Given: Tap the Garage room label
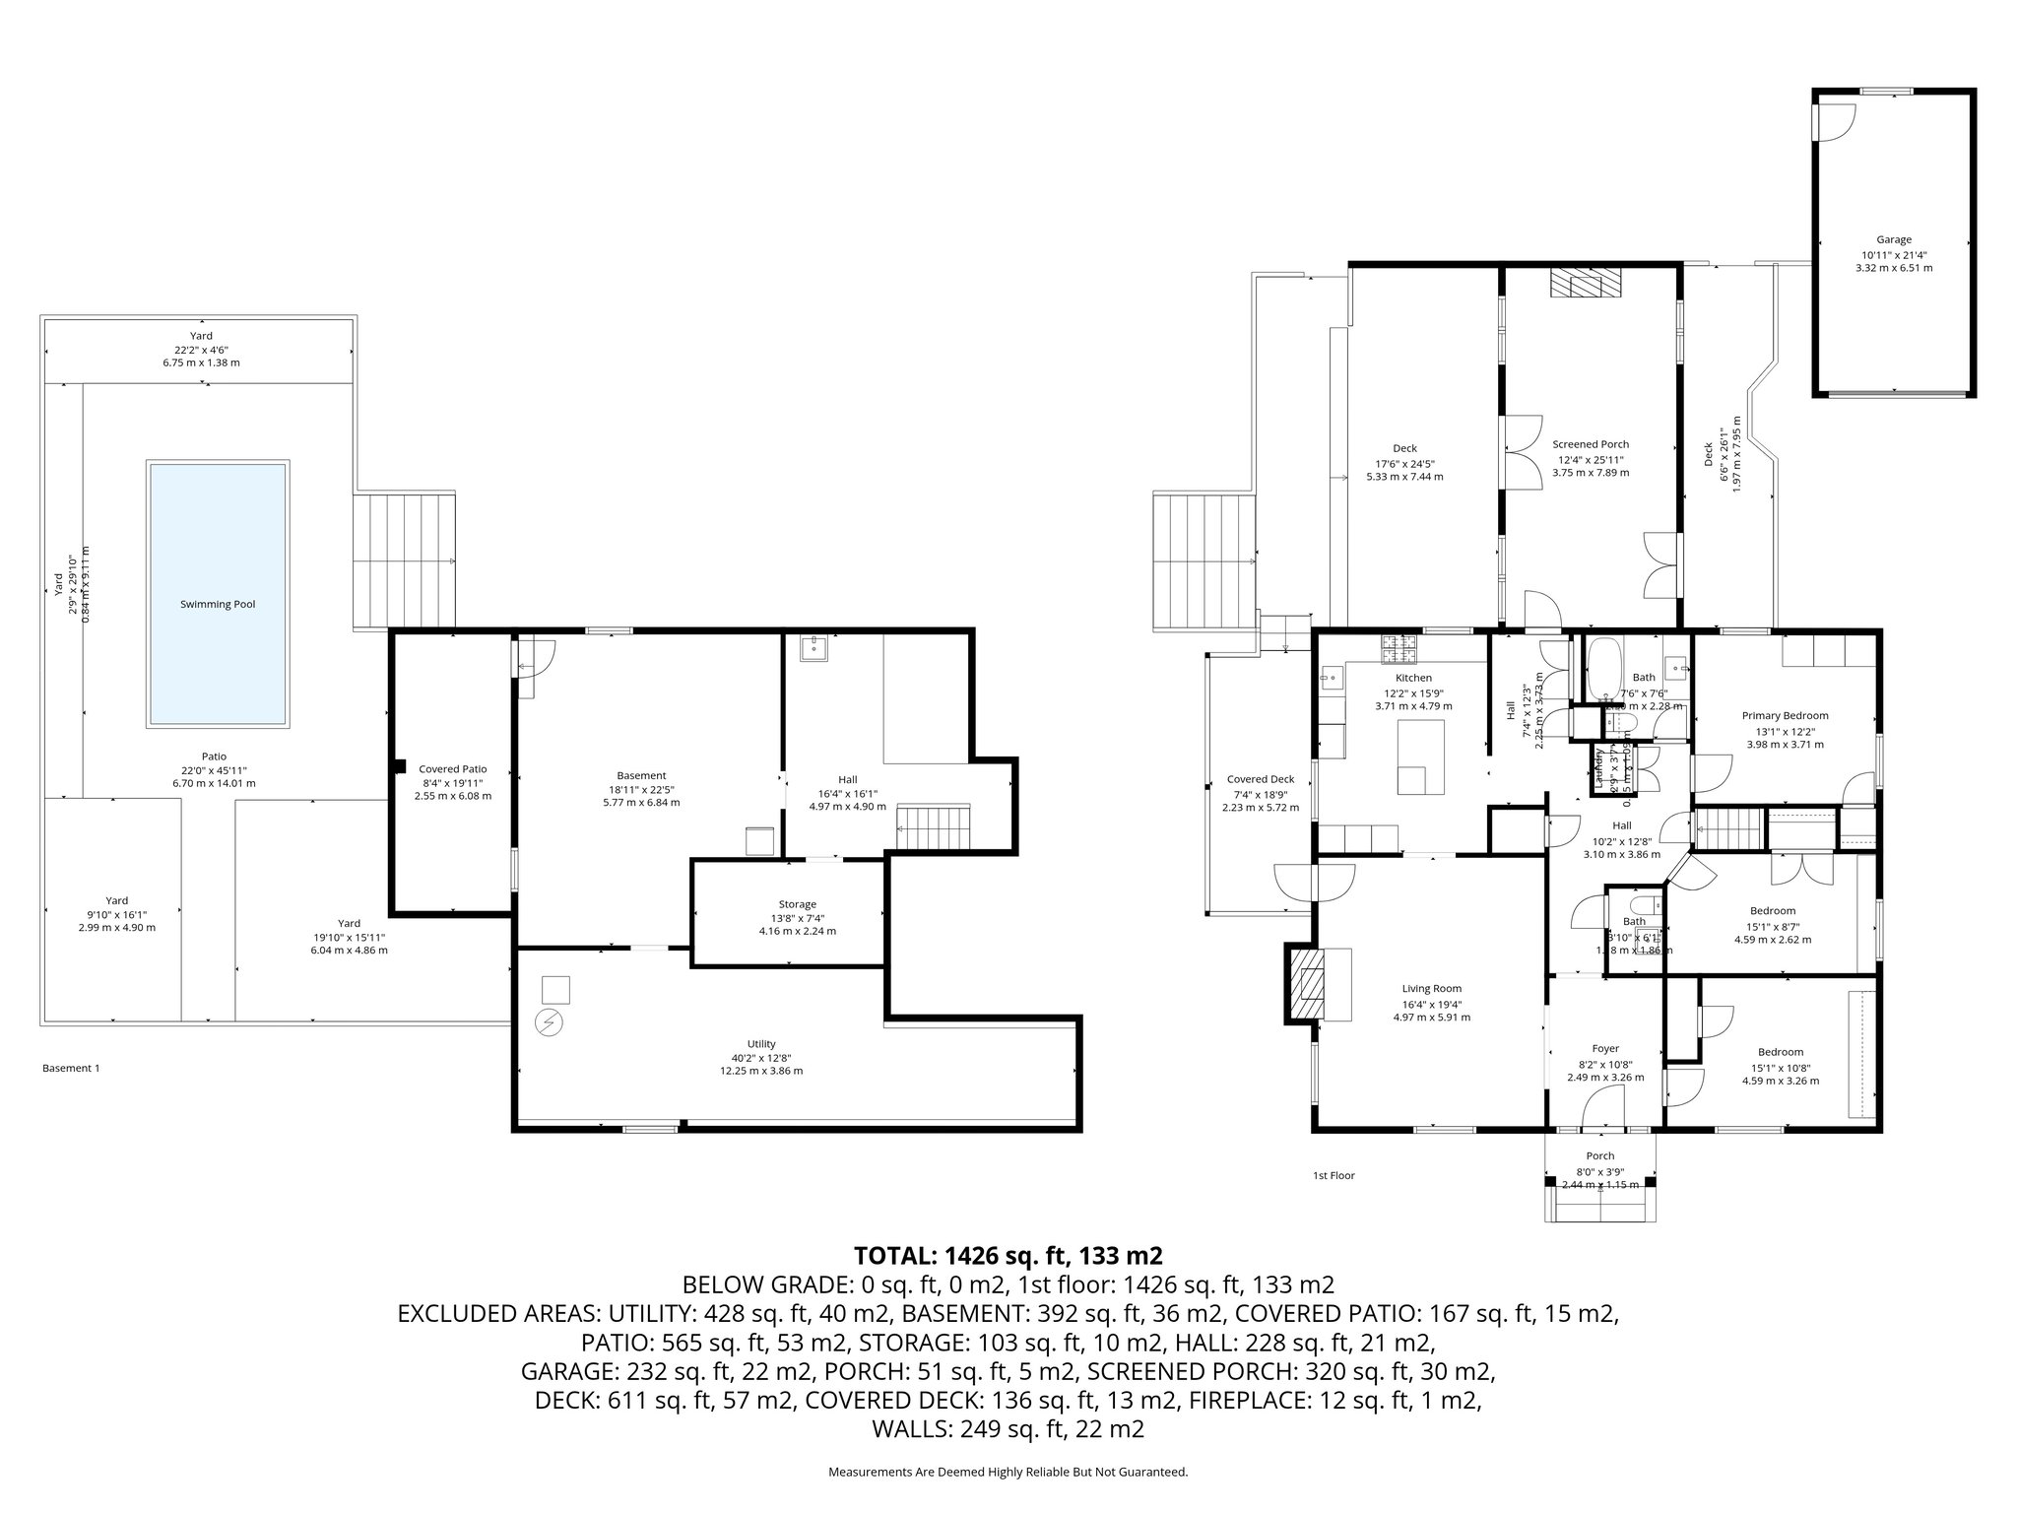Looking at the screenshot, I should click(1893, 239).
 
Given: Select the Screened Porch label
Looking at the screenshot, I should click(1591, 444).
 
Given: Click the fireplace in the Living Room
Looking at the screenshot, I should click(1311, 983).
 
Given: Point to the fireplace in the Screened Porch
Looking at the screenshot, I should click(1585, 284).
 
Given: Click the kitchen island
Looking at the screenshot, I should click(1421, 756).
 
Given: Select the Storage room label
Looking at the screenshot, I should click(797, 904).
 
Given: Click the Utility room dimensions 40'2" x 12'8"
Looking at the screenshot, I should click(761, 1058).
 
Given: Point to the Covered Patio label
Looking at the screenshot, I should click(452, 769).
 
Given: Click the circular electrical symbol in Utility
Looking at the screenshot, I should click(549, 1023).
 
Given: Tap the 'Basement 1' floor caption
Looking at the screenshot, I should click(71, 1068).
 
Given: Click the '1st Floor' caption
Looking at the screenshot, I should click(1334, 1175).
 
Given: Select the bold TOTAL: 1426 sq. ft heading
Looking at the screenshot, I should click(1008, 1256).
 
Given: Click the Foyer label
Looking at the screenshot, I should click(1605, 1049).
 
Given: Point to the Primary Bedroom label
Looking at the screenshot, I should click(1785, 716).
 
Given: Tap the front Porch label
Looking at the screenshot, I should click(1599, 1156).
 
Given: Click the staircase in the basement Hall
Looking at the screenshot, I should click(934, 825).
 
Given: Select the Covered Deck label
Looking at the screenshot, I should click(1261, 779).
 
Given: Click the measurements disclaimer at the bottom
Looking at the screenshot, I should click(1008, 1472).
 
